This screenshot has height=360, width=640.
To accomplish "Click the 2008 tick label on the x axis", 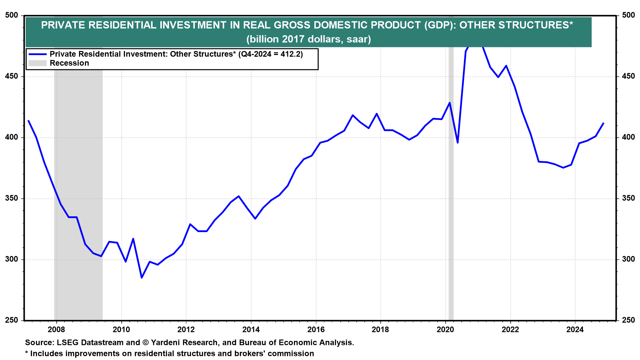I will pos(56,330).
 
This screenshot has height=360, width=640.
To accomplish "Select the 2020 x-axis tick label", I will pos(445,330).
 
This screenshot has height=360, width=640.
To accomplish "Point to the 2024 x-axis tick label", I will pos(575,330).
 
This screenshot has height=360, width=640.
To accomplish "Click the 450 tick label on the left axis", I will pos(12,76).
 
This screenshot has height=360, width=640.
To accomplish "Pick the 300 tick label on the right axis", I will pos(628,259).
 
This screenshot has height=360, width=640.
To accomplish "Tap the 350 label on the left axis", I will pos(12,198).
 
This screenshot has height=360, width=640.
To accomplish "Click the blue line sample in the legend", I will pos(37,54).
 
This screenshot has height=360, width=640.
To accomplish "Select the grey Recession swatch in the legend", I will pos(37,63).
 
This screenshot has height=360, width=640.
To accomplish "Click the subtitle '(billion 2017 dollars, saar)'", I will pos(308,39).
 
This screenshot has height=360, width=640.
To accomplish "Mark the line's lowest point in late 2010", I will pos(142,277).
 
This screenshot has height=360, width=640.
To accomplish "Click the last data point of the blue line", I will pos(603,123).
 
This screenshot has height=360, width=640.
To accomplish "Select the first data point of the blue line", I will pos(28,121).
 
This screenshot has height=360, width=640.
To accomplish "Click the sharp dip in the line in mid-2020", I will pos(458,143).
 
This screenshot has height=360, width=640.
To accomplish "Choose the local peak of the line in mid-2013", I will pos(239,196).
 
